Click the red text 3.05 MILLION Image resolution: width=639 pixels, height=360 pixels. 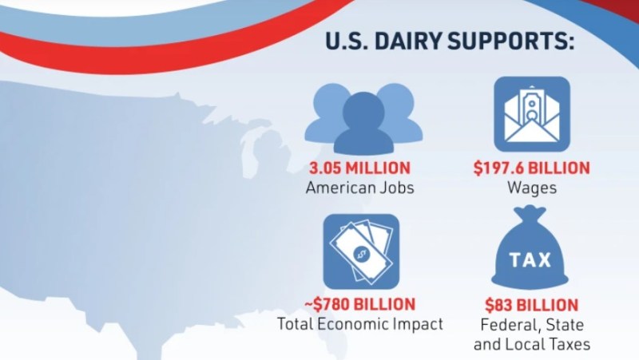tap(360, 168)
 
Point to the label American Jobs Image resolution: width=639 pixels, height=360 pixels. tap(360, 188)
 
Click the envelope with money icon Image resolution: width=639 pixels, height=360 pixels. tap(531, 114)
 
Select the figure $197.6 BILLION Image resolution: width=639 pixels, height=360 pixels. tap(531, 168)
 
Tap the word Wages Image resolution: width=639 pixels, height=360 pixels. tap(531, 188)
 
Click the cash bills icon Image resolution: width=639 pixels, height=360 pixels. tap(360, 251)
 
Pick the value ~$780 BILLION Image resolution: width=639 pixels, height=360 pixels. tap(359, 304)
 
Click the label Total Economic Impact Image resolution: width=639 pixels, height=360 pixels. tap(359, 324)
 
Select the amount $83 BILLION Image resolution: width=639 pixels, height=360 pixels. tap(531, 305)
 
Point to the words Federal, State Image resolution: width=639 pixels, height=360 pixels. tap(531, 326)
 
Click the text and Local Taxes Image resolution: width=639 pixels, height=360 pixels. tap(531, 345)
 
